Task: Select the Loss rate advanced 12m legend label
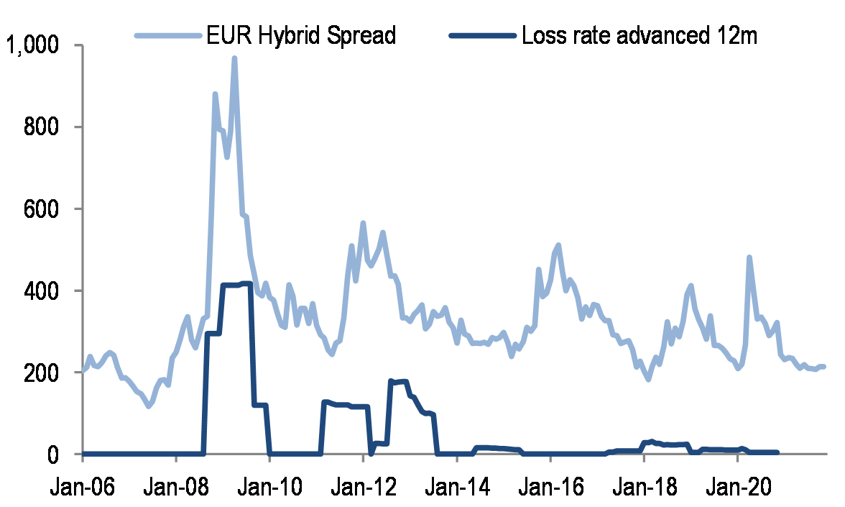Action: point(639,35)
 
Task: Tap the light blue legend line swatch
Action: point(166,35)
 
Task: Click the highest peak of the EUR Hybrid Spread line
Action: point(234,58)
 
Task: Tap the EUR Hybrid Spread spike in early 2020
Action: point(749,257)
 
